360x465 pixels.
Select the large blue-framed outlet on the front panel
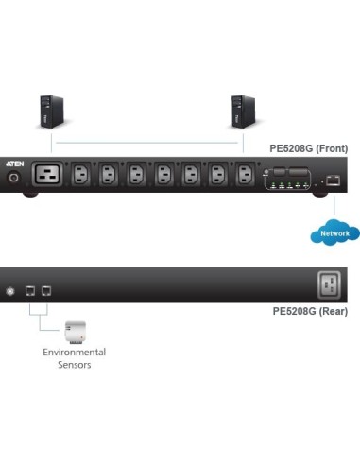(48, 175)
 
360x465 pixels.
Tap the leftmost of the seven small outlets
(82, 175)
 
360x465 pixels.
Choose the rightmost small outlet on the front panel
(246, 175)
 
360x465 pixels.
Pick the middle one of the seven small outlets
(164, 175)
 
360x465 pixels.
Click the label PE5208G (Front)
(309, 149)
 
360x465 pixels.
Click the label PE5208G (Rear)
(310, 310)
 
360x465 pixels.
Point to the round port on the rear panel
(11, 289)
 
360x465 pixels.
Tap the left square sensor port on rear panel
(29, 289)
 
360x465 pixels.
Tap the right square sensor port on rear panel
(45, 289)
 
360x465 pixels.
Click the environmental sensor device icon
(76, 332)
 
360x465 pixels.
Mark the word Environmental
(75, 352)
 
